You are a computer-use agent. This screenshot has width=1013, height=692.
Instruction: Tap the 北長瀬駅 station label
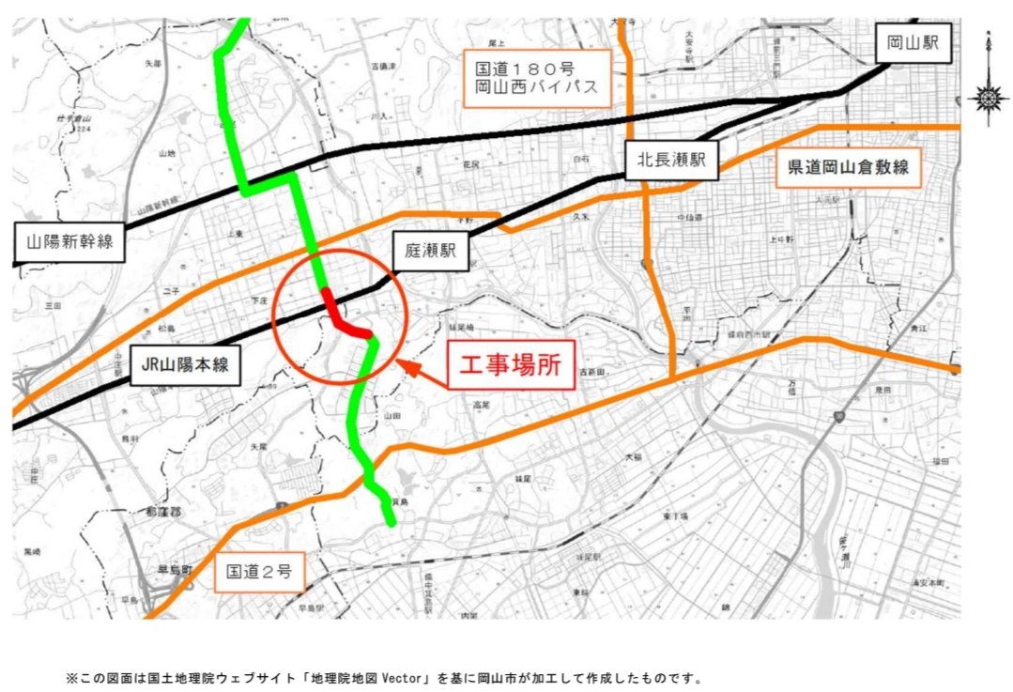click(x=671, y=161)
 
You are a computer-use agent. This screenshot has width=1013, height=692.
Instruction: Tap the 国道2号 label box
click(x=259, y=570)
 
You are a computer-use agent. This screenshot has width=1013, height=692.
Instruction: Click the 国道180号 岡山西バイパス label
click(x=539, y=80)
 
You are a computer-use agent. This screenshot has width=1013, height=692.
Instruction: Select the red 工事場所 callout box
click(x=510, y=365)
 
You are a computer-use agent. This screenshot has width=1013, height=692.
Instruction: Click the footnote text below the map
click(x=383, y=677)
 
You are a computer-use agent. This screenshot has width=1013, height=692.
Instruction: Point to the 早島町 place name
click(x=174, y=570)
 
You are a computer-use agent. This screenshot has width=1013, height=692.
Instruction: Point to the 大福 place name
click(x=635, y=456)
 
